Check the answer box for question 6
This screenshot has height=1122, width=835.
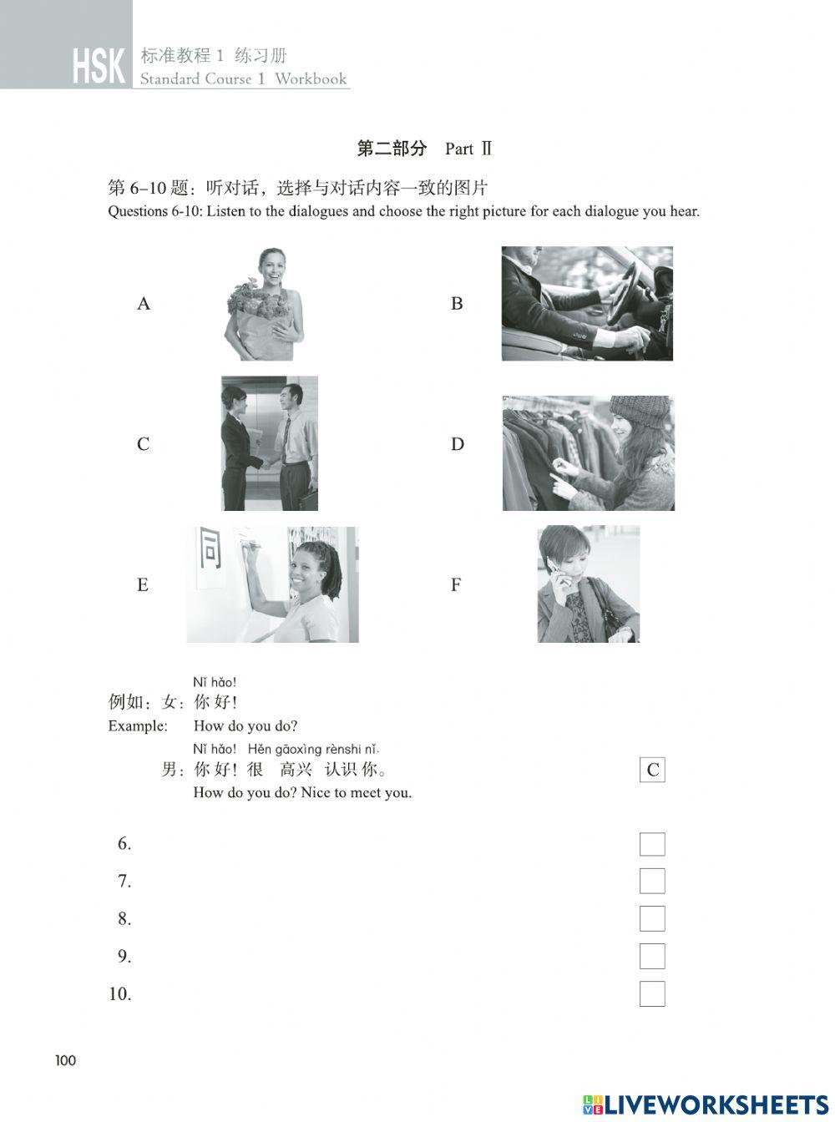pyautogui.click(x=652, y=844)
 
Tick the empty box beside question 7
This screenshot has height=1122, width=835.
pyautogui.click(x=652, y=882)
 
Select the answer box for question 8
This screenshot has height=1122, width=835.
pyautogui.click(x=652, y=919)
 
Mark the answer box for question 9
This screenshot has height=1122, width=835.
pyautogui.click(x=652, y=957)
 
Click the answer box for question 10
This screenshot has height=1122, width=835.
pyautogui.click(x=652, y=994)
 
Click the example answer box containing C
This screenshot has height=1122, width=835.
pyautogui.click(x=652, y=770)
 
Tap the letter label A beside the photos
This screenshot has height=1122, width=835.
pyautogui.click(x=144, y=304)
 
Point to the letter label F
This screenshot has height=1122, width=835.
pyautogui.click(x=456, y=585)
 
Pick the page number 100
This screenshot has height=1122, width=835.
pyautogui.click(x=65, y=1061)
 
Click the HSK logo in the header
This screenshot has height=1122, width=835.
pyautogui.click(x=99, y=66)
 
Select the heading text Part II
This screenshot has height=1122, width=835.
pyautogui.click(x=468, y=149)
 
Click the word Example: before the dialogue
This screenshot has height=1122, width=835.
pyautogui.click(x=138, y=726)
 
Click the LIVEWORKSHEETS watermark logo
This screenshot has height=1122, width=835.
pyautogui.click(x=706, y=1104)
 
